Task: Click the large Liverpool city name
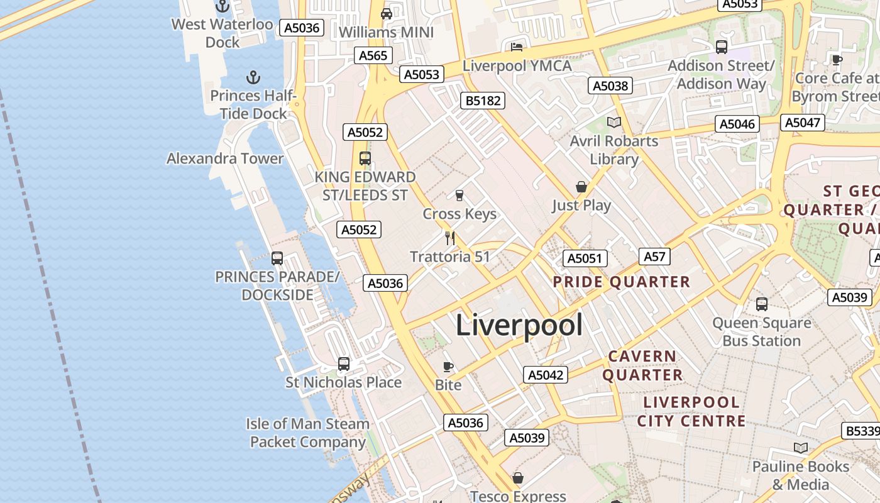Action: point(519,325)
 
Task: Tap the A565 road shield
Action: point(373,55)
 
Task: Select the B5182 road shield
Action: point(483,101)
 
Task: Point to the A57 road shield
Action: point(654,257)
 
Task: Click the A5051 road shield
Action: point(585,258)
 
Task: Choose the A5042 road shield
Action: point(546,375)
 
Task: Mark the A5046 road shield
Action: point(737,124)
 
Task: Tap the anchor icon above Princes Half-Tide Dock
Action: point(253,77)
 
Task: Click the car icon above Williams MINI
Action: point(387,14)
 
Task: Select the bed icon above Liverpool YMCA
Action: point(517,47)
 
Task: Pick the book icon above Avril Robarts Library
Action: point(613,123)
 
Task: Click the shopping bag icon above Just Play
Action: point(581,187)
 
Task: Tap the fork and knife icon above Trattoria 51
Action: point(449,238)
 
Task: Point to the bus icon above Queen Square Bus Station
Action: point(762,305)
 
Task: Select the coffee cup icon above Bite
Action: point(448,367)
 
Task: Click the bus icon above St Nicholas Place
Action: point(343,364)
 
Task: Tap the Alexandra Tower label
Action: point(225,158)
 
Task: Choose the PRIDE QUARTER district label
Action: point(622,282)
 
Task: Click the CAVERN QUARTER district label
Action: point(642,365)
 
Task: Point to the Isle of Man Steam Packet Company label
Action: point(307,433)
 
